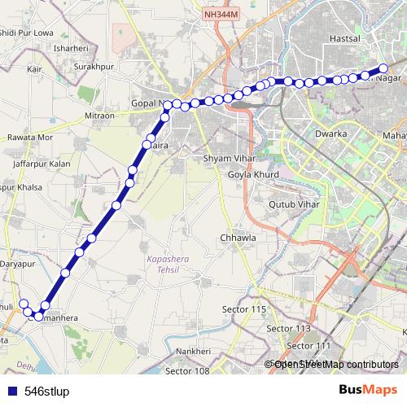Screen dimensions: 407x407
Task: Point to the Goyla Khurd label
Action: pyautogui.click(x=253, y=174)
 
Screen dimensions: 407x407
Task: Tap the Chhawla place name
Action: pyautogui.click(x=238, y=238)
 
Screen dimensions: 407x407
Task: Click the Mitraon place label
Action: pyautogui.click(x=100, y=116)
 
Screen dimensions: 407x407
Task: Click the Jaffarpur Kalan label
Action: pyautogui.click(x=42, y=164)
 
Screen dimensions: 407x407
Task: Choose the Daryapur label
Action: pyautogui.click(x=19, y=265)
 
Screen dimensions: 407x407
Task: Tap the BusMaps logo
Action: pyautogui.click(x=369, y=390)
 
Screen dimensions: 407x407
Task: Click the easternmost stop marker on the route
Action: pyautogui.click(x=384, y=68)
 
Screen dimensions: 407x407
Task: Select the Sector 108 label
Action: pyautogui.click(x=187, y=371)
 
